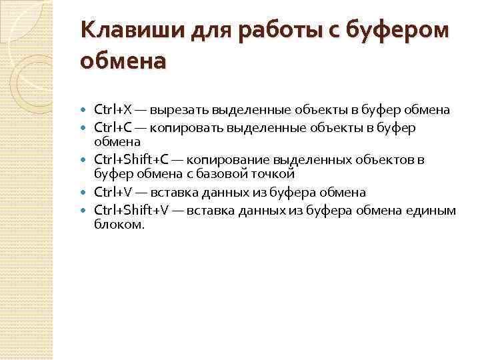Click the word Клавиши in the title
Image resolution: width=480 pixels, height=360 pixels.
[119, 31]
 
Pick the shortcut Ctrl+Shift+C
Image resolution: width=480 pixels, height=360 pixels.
[132, 160]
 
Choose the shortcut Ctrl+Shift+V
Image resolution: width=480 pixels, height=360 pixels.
[132, 210]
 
